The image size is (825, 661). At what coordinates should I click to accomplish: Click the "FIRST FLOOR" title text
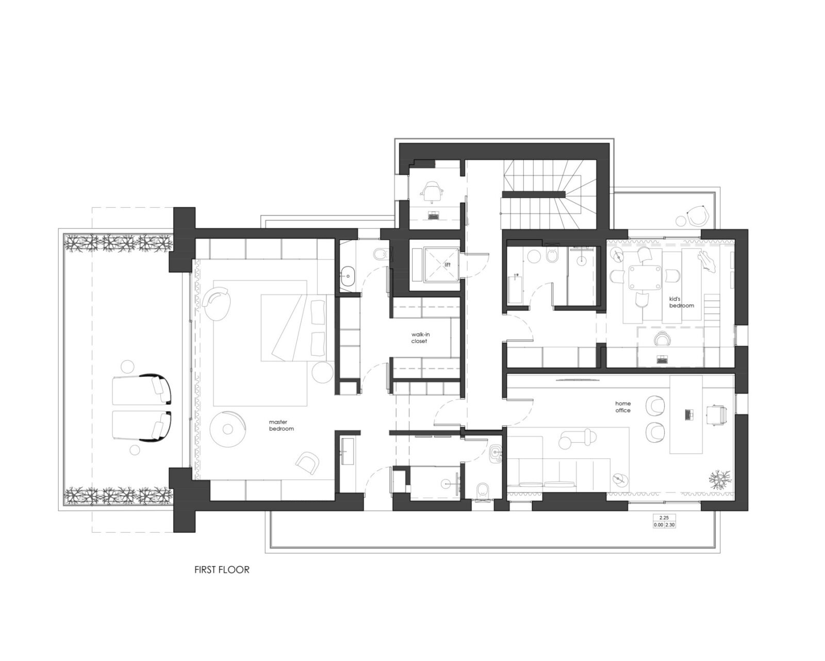click(x=222, y=570)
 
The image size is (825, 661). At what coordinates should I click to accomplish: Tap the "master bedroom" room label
click(x=281, y=425)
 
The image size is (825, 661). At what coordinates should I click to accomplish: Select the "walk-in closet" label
click(x=419, y=338)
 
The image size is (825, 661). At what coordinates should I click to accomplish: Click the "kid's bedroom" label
click(x=681, y=302)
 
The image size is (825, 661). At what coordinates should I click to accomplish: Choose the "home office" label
click(x=622, y=407)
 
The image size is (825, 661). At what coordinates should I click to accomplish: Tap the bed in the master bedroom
click(x=294, y=327)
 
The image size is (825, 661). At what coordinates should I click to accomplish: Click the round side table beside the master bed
click(x=322, y=371)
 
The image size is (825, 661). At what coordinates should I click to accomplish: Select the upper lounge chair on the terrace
click(x=142, y=389)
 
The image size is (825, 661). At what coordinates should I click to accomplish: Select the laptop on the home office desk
click(x=689, y=414)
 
